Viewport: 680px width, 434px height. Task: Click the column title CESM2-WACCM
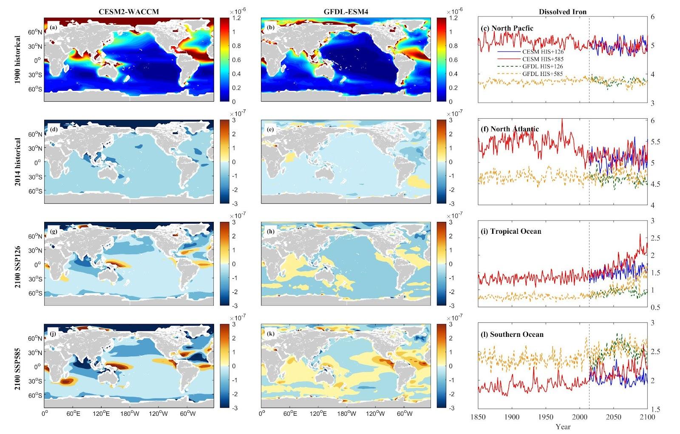(x=129, y=11)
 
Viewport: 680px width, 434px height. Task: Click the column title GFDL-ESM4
(x=345, y=11)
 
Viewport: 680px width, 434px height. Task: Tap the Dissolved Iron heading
(x=562, y=11)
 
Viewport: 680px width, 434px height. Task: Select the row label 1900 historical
(x=17, y=59)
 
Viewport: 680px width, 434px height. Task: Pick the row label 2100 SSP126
(x=17, y=263)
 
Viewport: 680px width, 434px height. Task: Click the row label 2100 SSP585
(x=17, y=366)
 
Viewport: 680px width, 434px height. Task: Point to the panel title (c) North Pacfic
(x=507, y=28)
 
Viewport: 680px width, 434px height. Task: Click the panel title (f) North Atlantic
(x=510, y=129)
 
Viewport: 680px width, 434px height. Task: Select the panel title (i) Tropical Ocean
(x=511, y=231)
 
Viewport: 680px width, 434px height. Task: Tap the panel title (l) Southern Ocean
(x=512, y=334)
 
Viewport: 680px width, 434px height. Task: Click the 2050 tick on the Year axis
(x=613, y=417)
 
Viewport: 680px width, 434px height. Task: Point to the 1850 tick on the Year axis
(x=479, y=417)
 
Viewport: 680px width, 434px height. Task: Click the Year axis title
(x=562, y=426)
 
